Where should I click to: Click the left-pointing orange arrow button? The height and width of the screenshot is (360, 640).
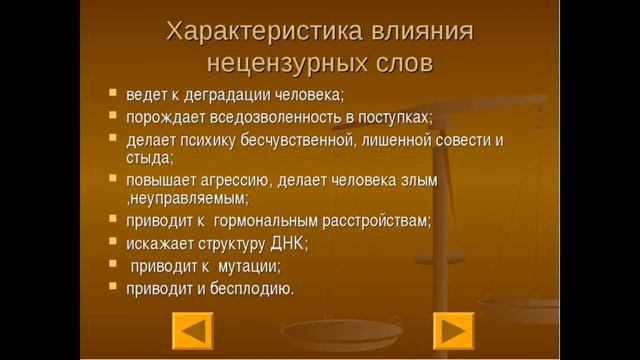193,330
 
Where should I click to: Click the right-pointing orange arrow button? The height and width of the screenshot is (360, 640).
453,330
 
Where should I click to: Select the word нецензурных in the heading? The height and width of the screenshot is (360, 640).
282,64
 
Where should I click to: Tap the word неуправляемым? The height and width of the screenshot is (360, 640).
187,198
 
